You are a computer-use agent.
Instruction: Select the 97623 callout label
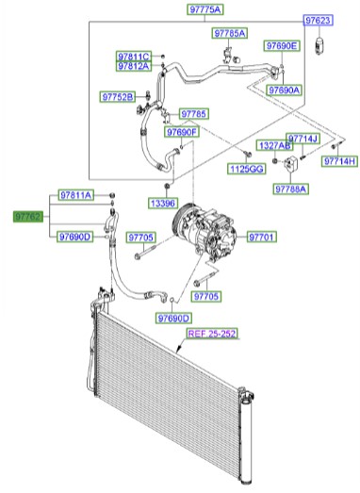(x=317, y=20)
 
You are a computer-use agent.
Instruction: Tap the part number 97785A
(x=229, y=33)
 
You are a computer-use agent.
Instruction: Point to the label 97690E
(x=281, y=45)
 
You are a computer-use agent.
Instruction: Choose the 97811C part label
(x=134, y=56)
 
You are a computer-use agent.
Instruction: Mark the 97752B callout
(x=119, y=95)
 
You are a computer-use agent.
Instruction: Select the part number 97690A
(x=284, y=90)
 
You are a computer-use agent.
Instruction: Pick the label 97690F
(x=183, y=132)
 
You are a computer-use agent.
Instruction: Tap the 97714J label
(x=303, y=139)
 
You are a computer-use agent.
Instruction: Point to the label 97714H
(x=338, y=161)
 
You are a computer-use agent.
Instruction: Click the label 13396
(x=161, y=203)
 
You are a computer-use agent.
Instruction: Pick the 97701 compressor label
(x=261, y=237)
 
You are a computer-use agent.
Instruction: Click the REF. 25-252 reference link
(x=214, y=333)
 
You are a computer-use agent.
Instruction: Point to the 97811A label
(x=75, y=195)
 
